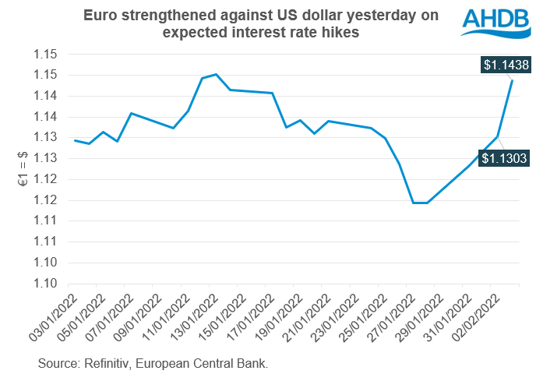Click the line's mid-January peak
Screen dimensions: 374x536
[216, 74]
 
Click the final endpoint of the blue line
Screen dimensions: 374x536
[512, 80]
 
